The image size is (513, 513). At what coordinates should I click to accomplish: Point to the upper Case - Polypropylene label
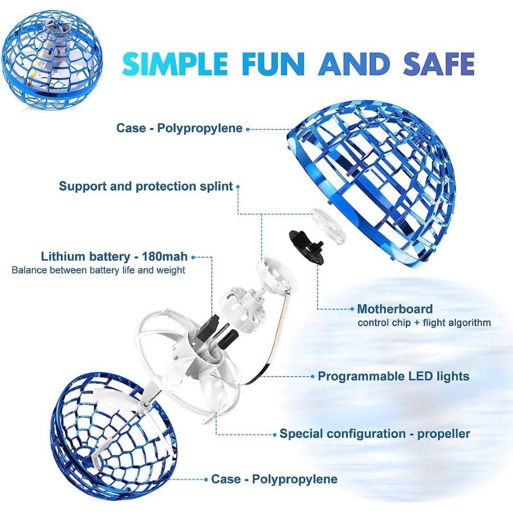point(180,128)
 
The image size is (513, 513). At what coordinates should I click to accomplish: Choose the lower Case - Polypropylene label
point(274,479)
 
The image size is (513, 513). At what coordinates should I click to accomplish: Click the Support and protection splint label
point(146,186)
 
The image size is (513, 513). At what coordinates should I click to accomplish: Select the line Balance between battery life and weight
point(98,270)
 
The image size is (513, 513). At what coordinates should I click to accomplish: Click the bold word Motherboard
point(394,310)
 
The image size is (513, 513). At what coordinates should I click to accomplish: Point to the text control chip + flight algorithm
point(424,323)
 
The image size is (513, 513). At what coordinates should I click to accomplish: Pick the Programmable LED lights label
point(393,376)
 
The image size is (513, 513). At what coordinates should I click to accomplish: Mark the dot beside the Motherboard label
point(352,310)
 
